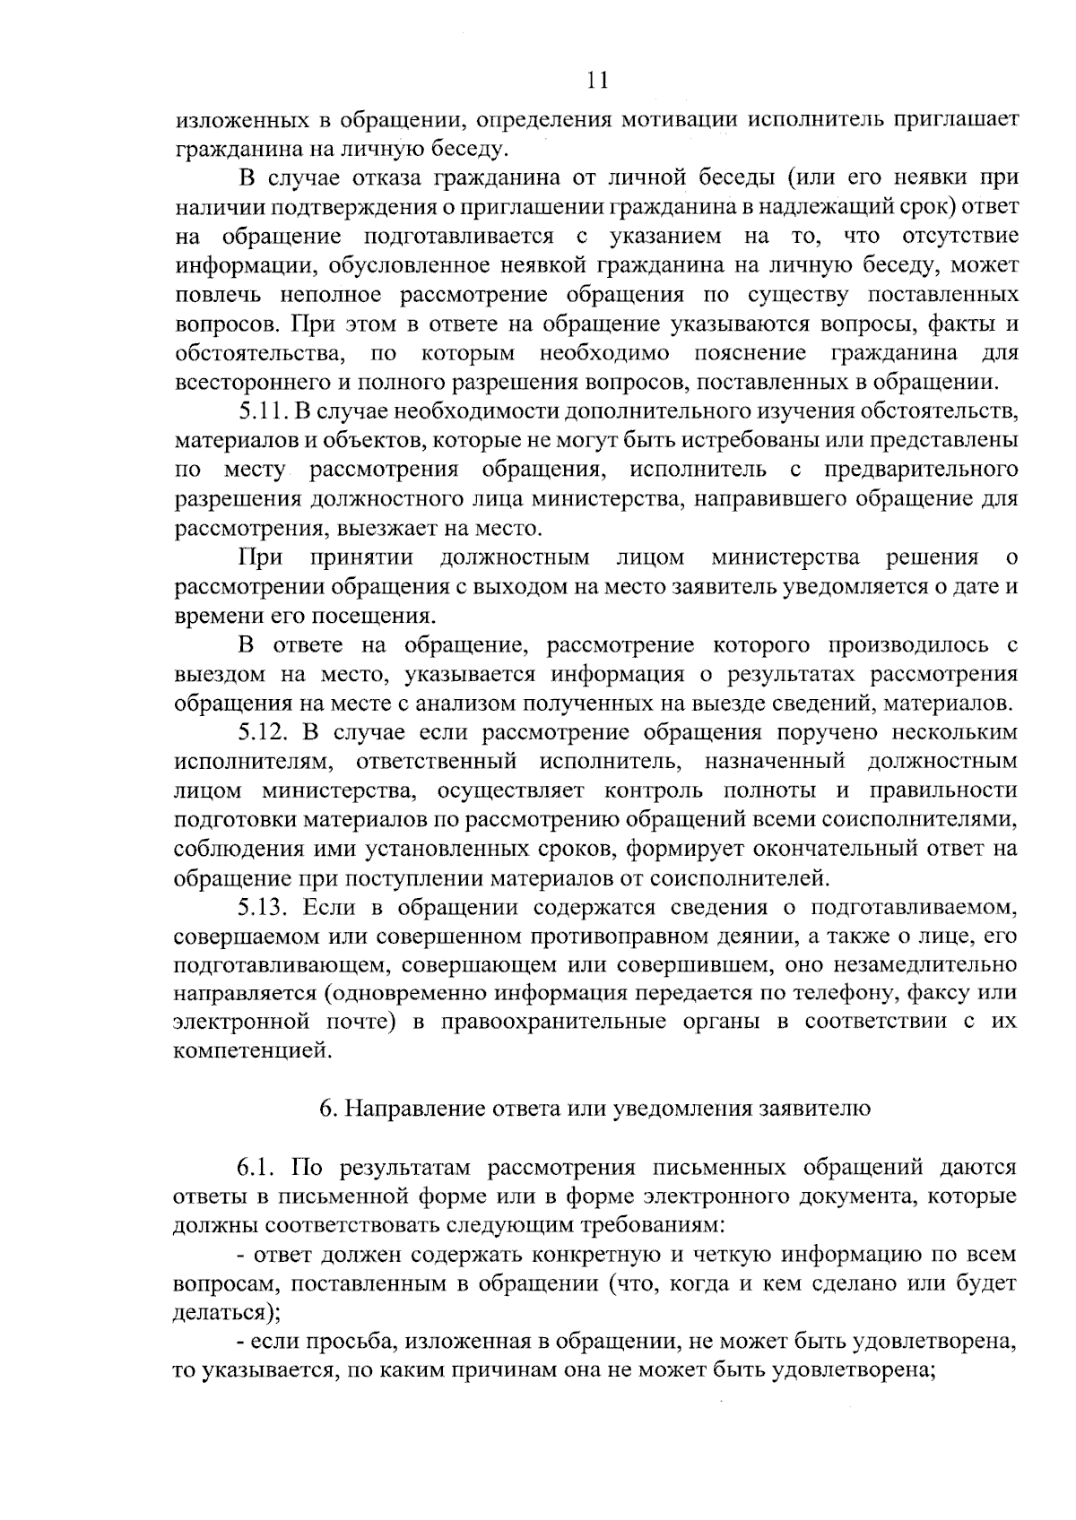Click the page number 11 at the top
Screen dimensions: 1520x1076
(597, 82)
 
